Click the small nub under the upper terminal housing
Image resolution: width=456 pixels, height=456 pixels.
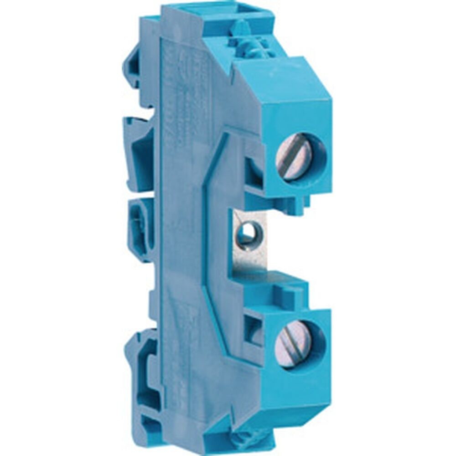click(x=303, y=201)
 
